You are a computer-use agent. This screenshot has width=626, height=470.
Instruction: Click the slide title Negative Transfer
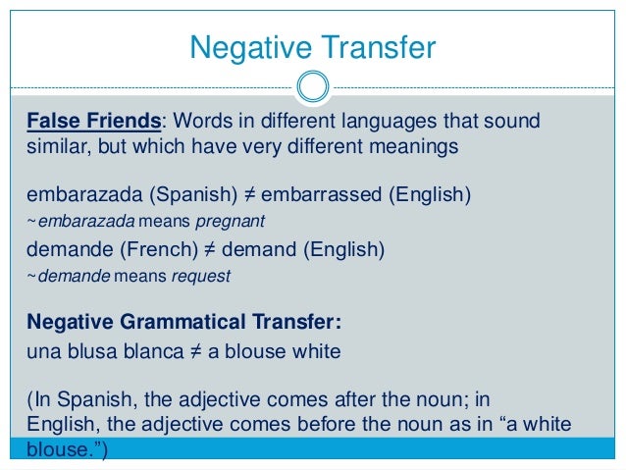click(x=312, y=45)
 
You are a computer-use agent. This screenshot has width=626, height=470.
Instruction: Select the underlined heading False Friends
click(x=92, y=121)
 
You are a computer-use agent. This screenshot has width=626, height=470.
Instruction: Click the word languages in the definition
click(x=376, y=121)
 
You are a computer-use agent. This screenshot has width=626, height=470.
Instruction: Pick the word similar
click(x=54, y=147)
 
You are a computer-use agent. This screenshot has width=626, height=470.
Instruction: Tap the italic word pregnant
click(x=235, y=221)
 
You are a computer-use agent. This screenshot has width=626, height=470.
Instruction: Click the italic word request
click(x=201, y=277)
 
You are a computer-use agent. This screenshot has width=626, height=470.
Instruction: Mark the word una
click(x=42, y=350)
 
